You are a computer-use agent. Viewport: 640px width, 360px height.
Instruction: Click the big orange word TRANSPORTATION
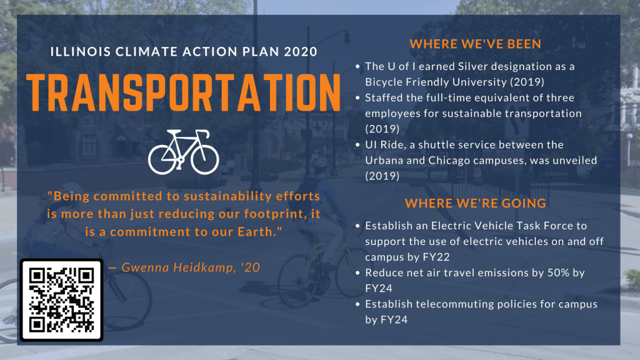pos(184,92)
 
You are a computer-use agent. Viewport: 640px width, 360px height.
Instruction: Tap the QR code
pos(61,300)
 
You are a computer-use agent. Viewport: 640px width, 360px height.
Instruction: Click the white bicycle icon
pos(183,152)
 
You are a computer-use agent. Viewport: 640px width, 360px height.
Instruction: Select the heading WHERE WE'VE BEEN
pos(475,44)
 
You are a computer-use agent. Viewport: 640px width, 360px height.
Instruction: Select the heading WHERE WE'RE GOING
pos(475,203)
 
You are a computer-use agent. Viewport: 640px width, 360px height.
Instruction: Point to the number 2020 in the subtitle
pos(301,51)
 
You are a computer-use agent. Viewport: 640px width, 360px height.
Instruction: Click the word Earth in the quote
pos(255,232)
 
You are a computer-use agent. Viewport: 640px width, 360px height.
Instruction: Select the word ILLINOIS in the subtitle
pos(81,51)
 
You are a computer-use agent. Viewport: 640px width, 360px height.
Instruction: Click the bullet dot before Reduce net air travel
pos(357,272)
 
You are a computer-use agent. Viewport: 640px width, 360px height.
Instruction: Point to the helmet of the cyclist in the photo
pos(321,163)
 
